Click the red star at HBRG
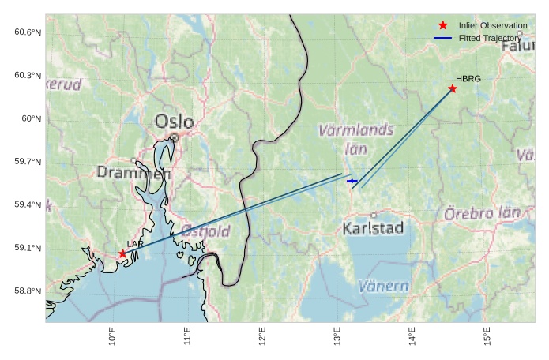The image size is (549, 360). pos(453,88)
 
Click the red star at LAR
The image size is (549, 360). pos(122,253)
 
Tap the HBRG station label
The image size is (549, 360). pos(468,78)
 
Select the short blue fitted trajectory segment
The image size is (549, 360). pos(352,181)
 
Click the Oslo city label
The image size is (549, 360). pos(174,122)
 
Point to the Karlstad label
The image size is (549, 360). pos(374,228)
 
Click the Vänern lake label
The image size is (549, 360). pos(383,286)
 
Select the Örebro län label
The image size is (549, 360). pos(482,213)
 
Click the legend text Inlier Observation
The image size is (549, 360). pos(493,25)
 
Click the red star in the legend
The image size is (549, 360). pos(442,25)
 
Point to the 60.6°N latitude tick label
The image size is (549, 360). pos(27,32)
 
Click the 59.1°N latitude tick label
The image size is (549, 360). pos(27,248)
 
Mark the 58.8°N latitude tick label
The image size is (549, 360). pos(27,291)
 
